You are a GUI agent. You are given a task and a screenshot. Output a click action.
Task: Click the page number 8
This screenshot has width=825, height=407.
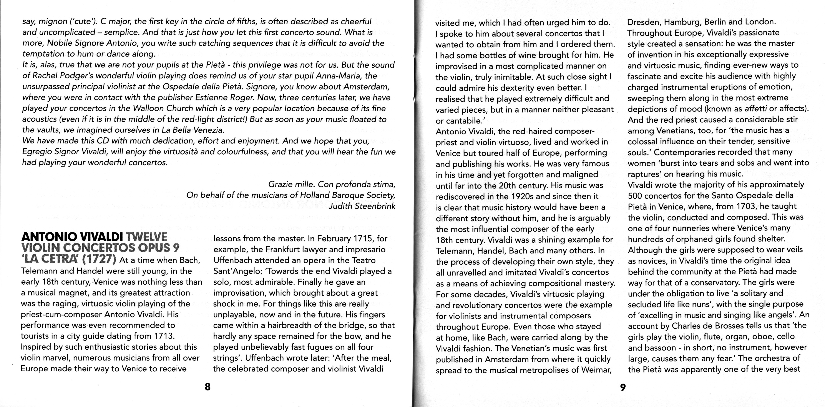click(x=207, y=387)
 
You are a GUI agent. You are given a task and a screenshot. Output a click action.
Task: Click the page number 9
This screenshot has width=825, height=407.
click(x=622, y=387)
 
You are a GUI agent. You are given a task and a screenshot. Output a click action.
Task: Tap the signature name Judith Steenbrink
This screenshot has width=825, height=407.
click(x=362, y=206)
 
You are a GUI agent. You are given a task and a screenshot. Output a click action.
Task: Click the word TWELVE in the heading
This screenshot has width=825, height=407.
click(x=147, y=237)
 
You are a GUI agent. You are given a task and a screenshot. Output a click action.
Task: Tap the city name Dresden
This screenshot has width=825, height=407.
click(x=643, y=22)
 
